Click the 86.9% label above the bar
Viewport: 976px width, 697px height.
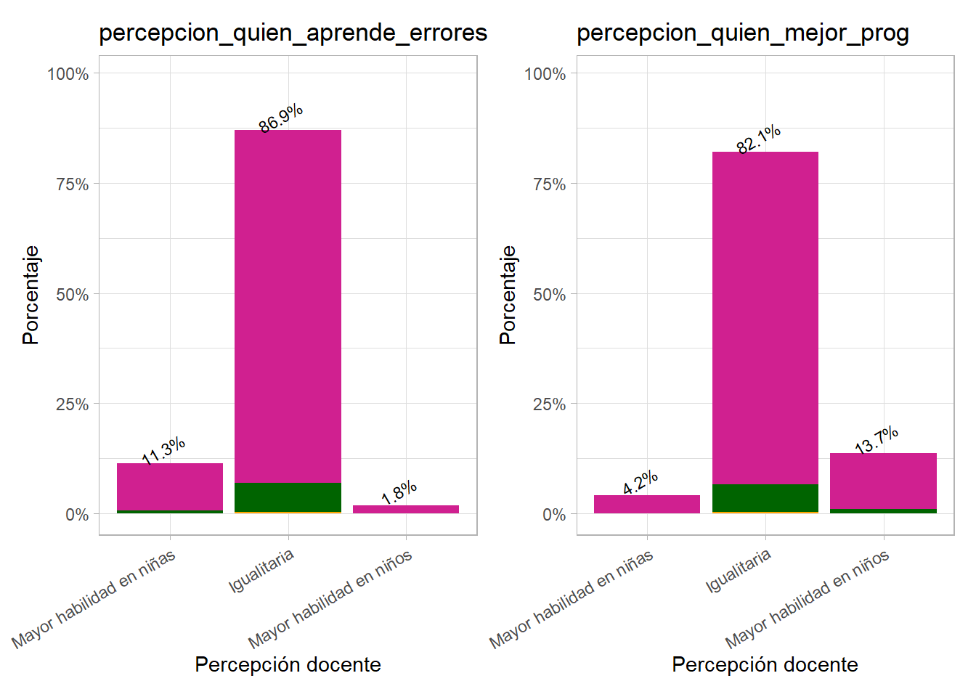(280, 118)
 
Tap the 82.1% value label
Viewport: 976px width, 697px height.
(758, 139)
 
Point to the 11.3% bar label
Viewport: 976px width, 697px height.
(163, 451)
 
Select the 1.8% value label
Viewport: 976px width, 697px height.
(399, 492)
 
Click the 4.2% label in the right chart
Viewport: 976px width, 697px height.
(640, 483)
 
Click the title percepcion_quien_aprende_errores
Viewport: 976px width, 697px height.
(293, 33)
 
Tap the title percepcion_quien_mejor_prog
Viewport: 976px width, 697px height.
(742, 33)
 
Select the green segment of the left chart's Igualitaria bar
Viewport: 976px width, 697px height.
(288, 497)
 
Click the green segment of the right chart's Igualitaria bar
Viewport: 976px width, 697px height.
(765, 498)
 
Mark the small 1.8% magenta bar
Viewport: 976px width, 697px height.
(405, 509)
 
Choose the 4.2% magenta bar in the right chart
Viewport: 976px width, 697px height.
(646, 504)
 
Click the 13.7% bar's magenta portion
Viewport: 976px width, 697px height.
(883, 481)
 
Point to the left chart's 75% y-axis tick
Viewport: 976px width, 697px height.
(72, 184)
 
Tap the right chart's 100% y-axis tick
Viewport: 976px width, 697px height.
(545, 74)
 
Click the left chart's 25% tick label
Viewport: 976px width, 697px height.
(72, 404)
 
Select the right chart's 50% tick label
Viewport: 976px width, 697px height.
(549, 295)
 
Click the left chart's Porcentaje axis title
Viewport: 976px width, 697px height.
(30, 295)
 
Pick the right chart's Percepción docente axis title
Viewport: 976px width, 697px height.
(765, 664)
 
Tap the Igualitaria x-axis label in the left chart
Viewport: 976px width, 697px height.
(261, 571)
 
